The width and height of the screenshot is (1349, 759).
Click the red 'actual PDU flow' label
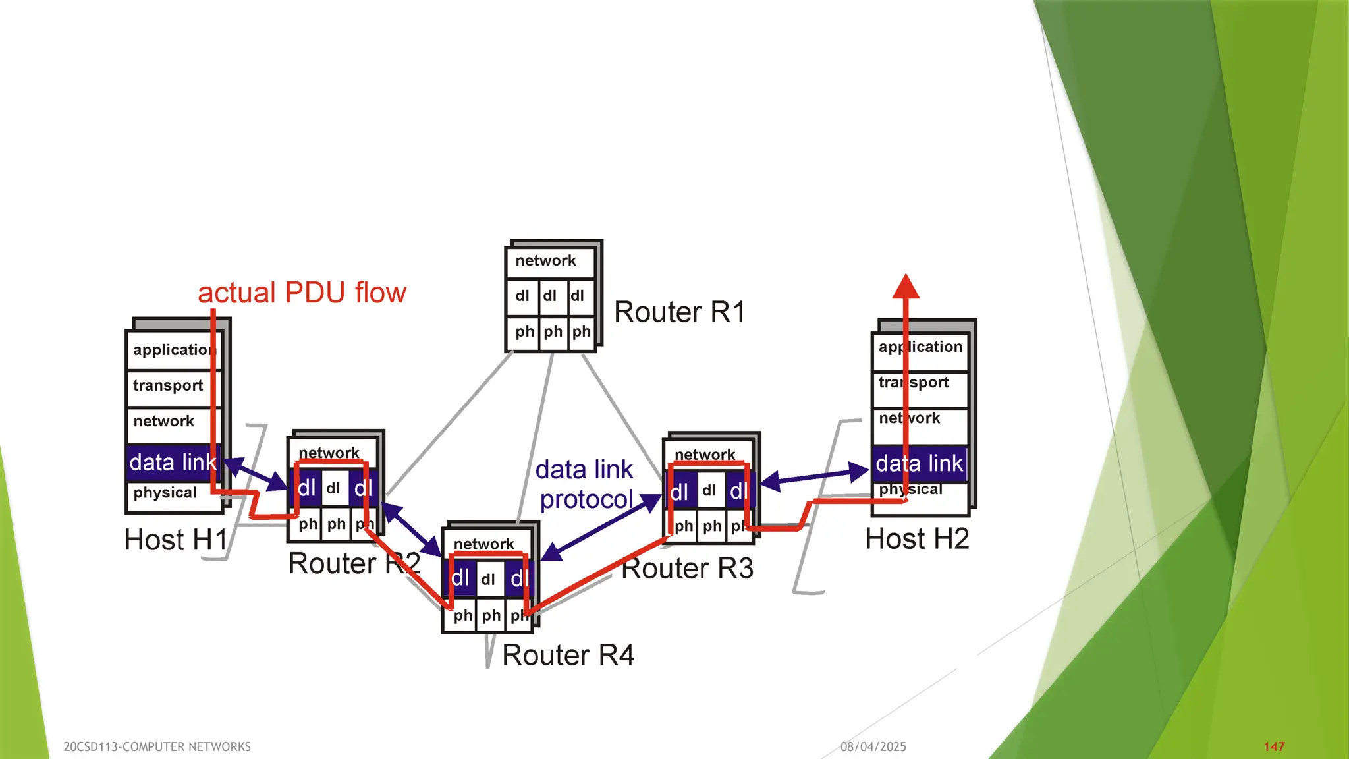pyautogui.click(x=302, y=293)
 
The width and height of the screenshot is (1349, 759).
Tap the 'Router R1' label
pyautogui.click(x=679, y=312)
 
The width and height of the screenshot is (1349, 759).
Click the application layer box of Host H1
pyautogui.click(x=173, y=351)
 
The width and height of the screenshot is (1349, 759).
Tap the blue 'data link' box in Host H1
pyautogui.click(x=173, y=463)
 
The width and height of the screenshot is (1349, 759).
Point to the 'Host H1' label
pyautogui.click(x=175, y=540)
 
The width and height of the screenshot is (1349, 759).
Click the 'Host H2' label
pyautogui.click(x=917, y=540)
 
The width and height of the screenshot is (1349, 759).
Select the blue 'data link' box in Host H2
pyautogui.click(x=919, y=464)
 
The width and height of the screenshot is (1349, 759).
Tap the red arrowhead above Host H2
pyautogui.click(x=906, y=287)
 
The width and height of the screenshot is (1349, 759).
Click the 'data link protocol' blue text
pyautogui.click(x=585, y=485)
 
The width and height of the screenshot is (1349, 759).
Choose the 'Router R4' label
pyautogui.click(x=568, y=656)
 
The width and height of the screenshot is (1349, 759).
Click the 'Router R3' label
pyautogui.click(x=687, y=569)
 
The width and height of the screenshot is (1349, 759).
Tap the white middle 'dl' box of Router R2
pyautogui.click(x=334, y=488)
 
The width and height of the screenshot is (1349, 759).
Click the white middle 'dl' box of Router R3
pyautogui.click(x=709, y=491)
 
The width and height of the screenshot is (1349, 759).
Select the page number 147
pyautogui.click(x=1274, y=746)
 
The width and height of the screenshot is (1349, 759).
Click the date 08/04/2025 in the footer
pyautogui.click(x=873, y=746)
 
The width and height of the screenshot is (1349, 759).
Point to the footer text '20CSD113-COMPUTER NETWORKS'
pyautogui.click(x=157, y=746)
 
